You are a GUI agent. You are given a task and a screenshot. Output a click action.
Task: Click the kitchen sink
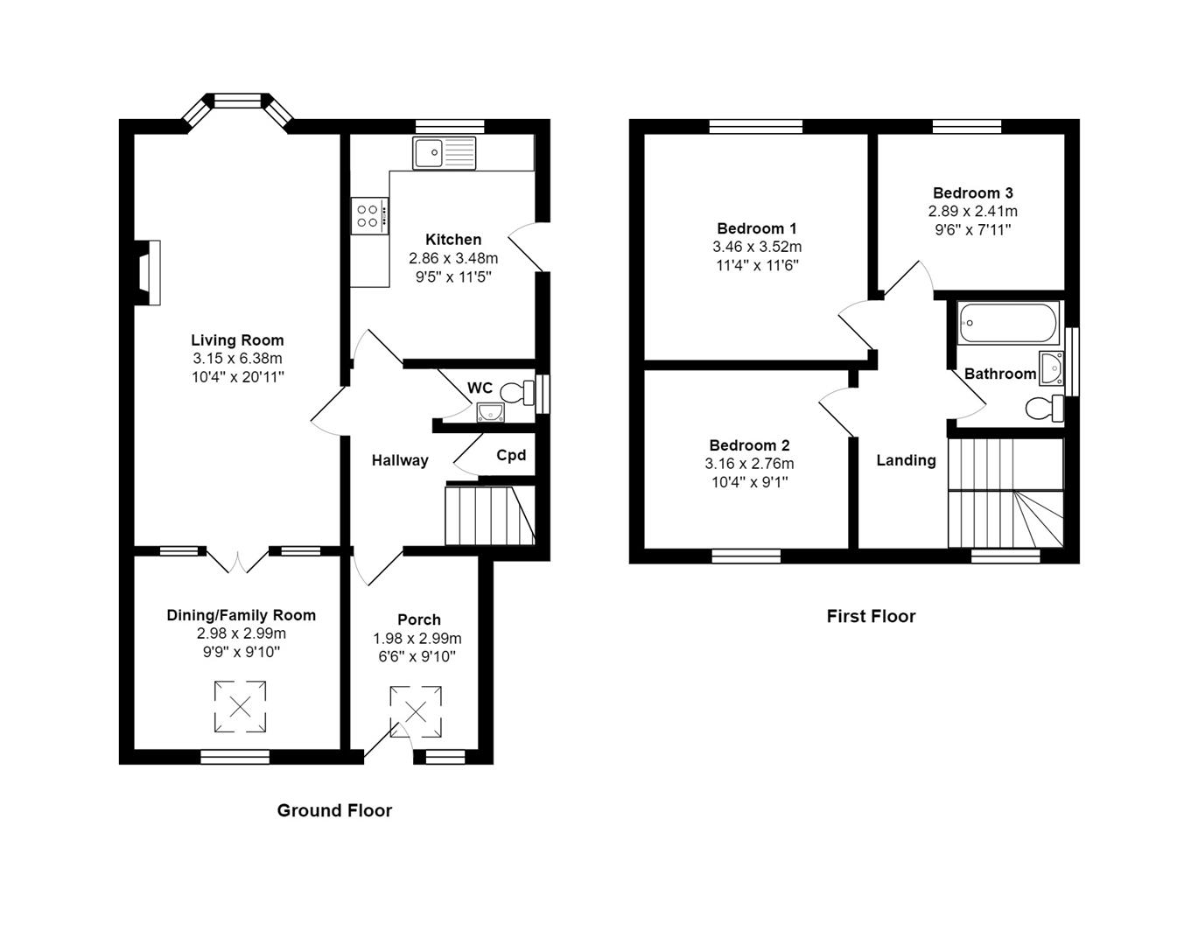point(445,153)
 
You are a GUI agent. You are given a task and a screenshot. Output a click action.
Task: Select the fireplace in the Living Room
point(149,273)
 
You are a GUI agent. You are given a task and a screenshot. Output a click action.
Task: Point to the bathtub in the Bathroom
point(1008,323)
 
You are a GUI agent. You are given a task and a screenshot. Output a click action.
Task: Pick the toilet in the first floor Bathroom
point(1044,408)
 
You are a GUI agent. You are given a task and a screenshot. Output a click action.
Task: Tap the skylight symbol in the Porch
point(416,711)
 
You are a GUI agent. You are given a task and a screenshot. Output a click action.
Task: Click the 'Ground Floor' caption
point(334,810)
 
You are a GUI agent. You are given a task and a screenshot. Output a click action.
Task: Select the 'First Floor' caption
point(871,616)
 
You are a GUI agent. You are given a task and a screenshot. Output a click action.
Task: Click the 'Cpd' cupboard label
point(511,455)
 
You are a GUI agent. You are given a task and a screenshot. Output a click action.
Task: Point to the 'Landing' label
point(906,460)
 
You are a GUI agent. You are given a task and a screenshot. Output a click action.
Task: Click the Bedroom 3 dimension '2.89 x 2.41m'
point(972,211)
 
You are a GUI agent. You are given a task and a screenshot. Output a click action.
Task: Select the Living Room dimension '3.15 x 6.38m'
point(237,358)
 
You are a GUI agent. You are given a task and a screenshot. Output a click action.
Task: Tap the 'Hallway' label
point(400,460)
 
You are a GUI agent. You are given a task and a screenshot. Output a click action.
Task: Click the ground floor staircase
point(488,516)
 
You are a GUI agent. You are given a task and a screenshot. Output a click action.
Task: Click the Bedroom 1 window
point(755,127)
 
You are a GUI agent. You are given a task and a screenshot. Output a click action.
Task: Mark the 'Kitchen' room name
point(453,239)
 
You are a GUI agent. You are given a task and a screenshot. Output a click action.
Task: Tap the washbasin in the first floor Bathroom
point(1050,368)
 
